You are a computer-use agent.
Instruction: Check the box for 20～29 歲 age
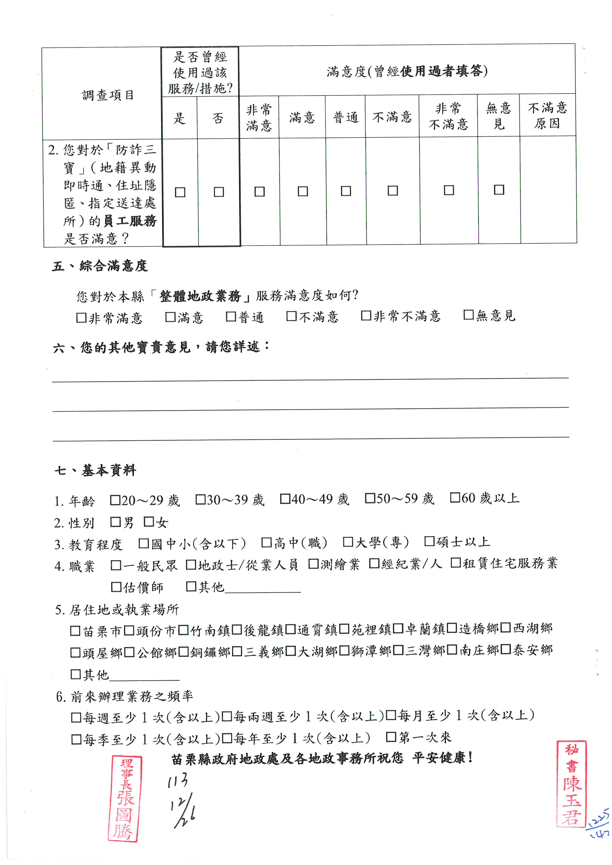(115, 500)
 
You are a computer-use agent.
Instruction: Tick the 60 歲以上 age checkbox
(455, 498)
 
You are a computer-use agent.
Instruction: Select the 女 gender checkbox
(149, 522)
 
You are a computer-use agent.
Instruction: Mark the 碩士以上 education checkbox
(429, 541)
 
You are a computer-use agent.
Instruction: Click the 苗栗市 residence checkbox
(75, 631)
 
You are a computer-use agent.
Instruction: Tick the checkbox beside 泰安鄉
(506, 649)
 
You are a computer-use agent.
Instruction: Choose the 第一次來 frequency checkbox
(391, 737)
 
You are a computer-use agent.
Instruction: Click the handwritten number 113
(178, 781)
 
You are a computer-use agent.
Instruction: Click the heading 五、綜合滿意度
(100, 266)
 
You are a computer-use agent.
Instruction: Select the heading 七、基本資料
(95, 470)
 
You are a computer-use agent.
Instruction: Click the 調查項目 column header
(108, 95)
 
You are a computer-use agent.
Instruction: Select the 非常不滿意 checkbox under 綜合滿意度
(365, 316)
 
